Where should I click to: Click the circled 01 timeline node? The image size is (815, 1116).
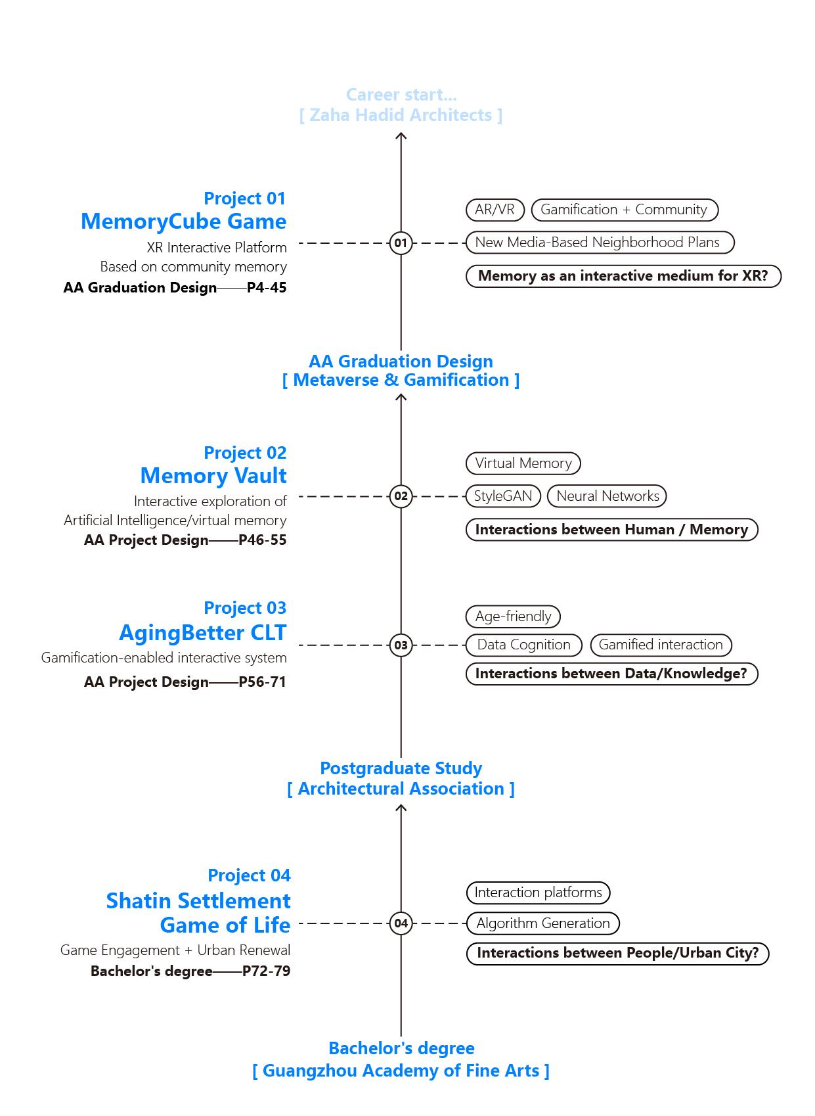(x=401, y=243)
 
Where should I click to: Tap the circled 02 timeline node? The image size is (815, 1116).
(x=401, y=496)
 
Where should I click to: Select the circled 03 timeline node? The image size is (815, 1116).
(x=401, y=645)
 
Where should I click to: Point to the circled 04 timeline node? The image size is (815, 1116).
(x=401, y=923)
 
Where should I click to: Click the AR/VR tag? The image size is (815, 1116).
(x=495, y=210)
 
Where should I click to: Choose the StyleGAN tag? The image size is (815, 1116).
(x=503, y=496)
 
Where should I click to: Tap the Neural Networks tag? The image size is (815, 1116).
(x=607, y=496)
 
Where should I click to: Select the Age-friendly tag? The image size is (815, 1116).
(x=513, y=616)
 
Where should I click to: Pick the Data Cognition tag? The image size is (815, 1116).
(x=523, y=645)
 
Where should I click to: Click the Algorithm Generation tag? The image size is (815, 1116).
(x=542, y=923)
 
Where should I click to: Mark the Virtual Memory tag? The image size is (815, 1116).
(x=523, y=463)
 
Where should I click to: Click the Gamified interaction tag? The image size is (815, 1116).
(x=661, y=645)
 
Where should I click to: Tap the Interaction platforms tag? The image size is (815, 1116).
(x=538, y=893)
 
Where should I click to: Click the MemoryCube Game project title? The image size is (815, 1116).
(x=183, y=221)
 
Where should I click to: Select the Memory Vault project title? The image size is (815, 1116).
(x=213, y=475)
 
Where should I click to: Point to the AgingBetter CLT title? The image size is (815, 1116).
(x=202, y=632)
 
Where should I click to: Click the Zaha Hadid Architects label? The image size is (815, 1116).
(x=401, y=115)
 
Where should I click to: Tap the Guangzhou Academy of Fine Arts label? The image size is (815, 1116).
(x=401, y=1071)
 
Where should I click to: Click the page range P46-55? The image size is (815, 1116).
(x=263, y=540)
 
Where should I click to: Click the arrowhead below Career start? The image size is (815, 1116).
(x=401, y=136)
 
